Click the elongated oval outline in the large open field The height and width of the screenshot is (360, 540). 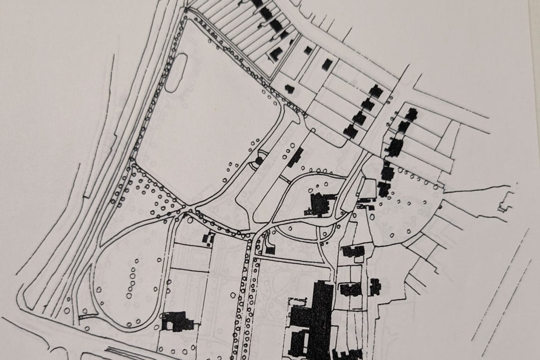pos(176,72)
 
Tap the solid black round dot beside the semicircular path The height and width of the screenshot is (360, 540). pos(259,160)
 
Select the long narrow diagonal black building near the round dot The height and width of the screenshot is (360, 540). pos(295,157)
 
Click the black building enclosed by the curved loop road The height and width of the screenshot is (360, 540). pos(320,204)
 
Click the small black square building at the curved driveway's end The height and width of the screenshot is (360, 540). pos(270,250)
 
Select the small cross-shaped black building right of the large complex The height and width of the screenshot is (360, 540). pos(375,286)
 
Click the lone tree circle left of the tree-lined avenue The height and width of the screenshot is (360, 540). pos(232,295)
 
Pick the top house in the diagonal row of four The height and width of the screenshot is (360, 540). pos(376,91)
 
